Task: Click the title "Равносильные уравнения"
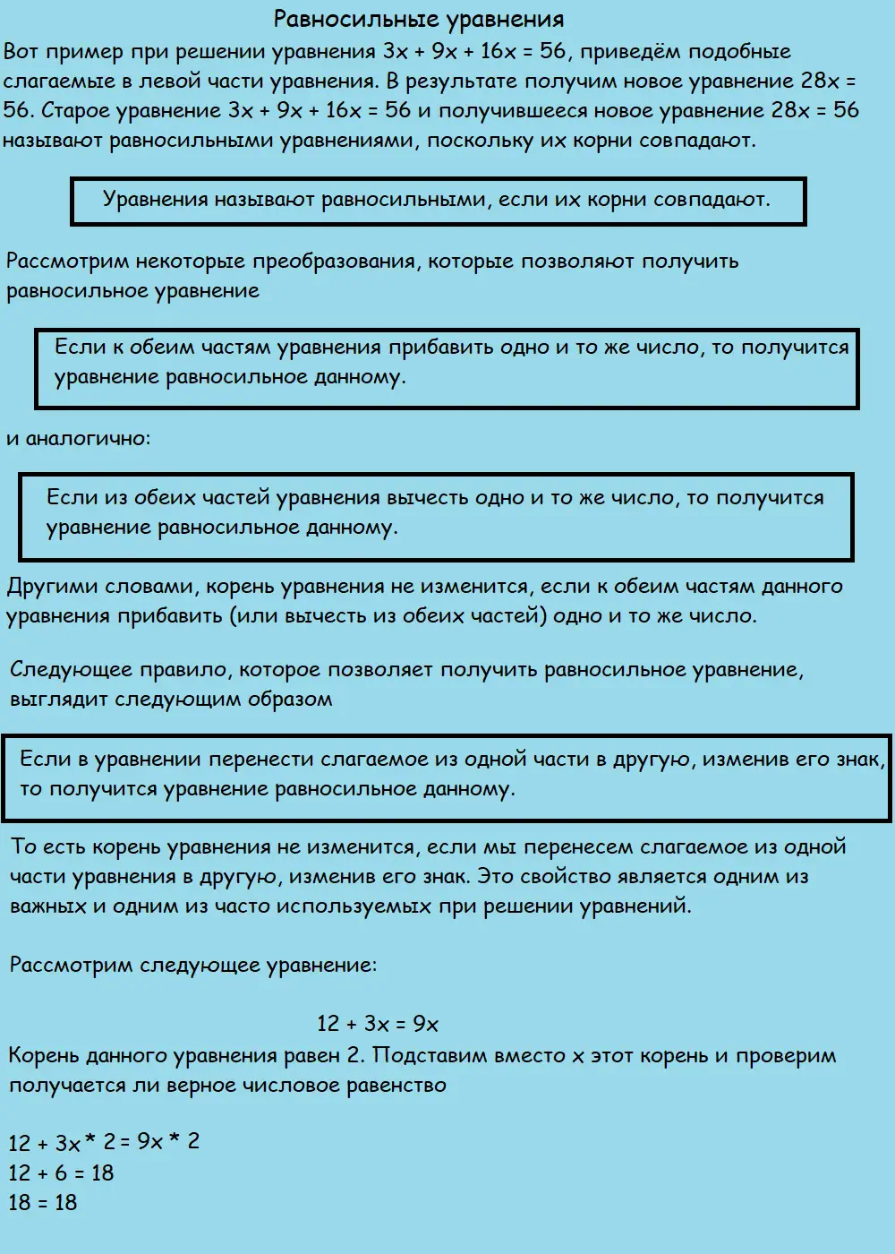tap(419, 19)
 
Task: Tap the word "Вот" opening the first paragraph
tap(21, 51)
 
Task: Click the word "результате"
tap(464, 81)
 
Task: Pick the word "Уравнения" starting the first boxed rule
tap(155, 199)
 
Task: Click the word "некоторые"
tap(191, 262)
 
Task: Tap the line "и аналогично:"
tap(79, 439)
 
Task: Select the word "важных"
tap(47, 906)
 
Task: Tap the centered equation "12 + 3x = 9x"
tap(378, 1024)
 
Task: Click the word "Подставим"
tap(428, 1055)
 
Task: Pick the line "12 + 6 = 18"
tap(62, 1172)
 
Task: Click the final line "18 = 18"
tap(43, 1202)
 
